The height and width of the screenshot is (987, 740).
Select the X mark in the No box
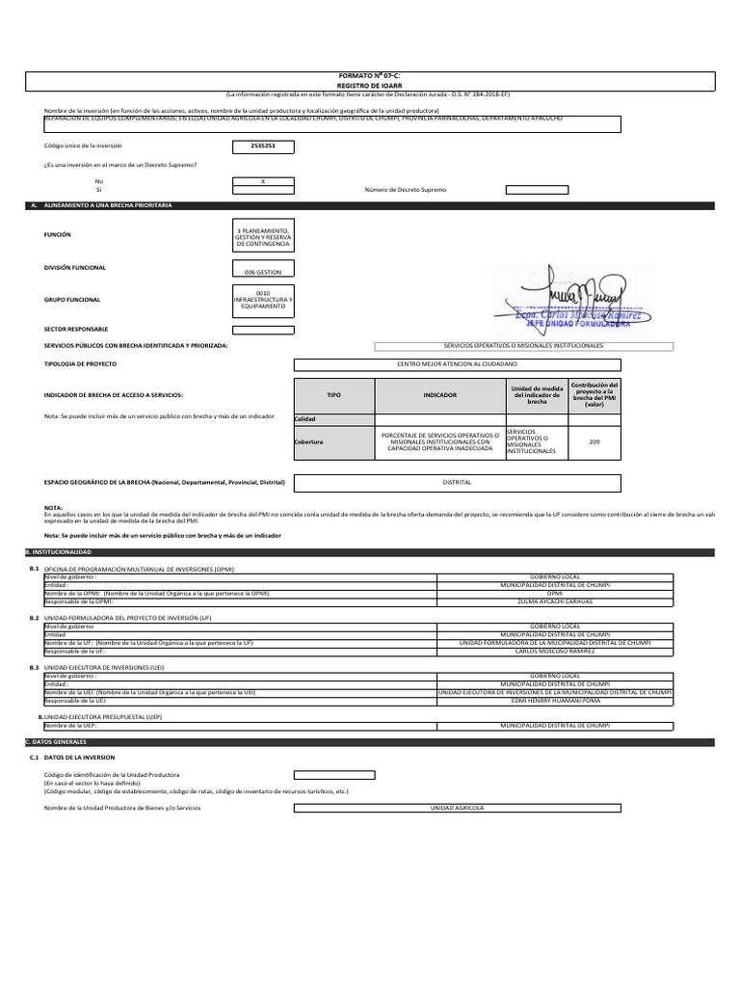coord(263,180)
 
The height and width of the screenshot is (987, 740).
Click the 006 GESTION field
coord(263,273)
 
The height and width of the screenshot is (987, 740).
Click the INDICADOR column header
coord(438,395)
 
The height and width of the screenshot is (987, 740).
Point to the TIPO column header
coord(333,395)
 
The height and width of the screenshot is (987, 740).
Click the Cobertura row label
coord(309,441)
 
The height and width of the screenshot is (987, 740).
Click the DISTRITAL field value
coord(457,481)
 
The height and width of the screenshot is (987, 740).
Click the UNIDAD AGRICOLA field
coord(457,807)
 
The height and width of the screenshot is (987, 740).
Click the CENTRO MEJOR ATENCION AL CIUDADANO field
coord(457,364)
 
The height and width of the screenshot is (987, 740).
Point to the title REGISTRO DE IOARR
coord(370,84)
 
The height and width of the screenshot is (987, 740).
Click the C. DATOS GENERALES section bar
coord(370,742)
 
